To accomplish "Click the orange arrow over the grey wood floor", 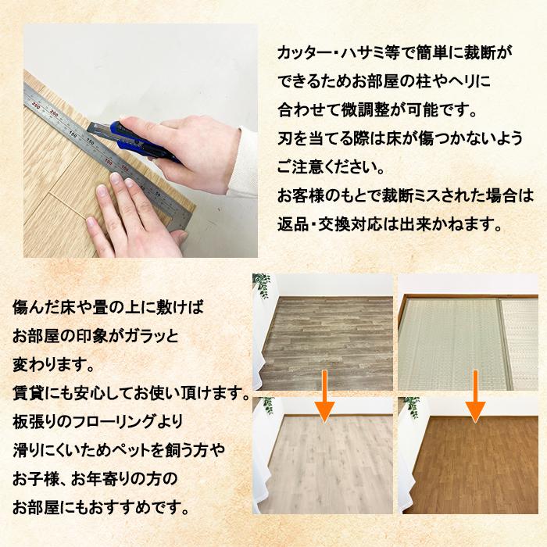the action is (325, 397).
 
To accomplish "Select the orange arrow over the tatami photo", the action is (475, 397).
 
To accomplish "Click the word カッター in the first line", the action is (304, 53).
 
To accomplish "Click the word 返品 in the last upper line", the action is (292, 225).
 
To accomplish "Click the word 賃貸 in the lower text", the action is (28, 393).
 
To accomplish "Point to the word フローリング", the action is (110, 422).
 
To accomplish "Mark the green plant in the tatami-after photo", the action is (412, 407).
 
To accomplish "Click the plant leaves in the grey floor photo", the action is (262, 285).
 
